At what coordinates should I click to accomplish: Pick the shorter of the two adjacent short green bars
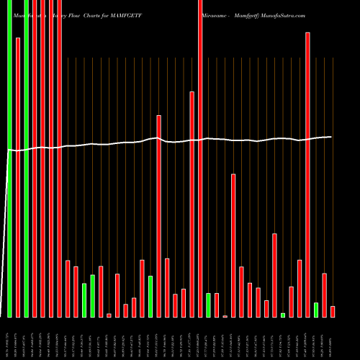pyautogui.click(x=84, y=300)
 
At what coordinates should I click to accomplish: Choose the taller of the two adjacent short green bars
pyautogui.click(x=92, y=296)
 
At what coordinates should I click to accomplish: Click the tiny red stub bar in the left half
pyautogui.click(x=109, y=315)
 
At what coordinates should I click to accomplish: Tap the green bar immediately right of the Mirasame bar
pyautogui.click(x=208, y=305)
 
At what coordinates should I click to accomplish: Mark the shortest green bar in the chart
pyautogui.click(x=283, y=315)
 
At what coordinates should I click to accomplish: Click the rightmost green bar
pyautogui.click(x=316, y=310)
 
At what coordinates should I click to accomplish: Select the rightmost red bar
pyautogui.click(x=333, y=311)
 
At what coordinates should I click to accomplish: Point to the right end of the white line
pyautogui.click(x=331, y=137)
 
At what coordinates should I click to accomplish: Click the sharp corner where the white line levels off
pyautogui.click(x=9, y=150)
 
